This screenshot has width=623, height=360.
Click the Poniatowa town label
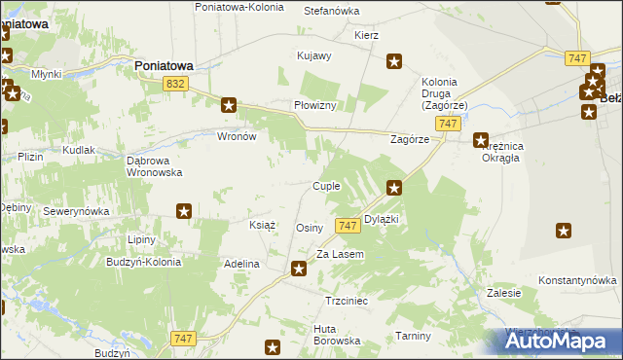163,65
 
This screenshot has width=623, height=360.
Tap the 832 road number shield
175,86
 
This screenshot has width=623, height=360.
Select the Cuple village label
325,186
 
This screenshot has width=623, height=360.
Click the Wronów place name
237,136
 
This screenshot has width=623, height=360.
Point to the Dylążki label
382,220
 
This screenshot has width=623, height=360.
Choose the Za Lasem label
340,254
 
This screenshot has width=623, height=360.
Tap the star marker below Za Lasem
300,269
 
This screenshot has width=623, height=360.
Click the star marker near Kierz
394,62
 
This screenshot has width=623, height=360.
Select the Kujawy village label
314,56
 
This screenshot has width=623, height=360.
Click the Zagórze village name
410,139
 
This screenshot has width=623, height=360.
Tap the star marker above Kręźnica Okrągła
480,140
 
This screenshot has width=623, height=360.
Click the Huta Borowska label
337,335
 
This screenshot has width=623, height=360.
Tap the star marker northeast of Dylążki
394,188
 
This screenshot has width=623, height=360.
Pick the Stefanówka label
332,11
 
